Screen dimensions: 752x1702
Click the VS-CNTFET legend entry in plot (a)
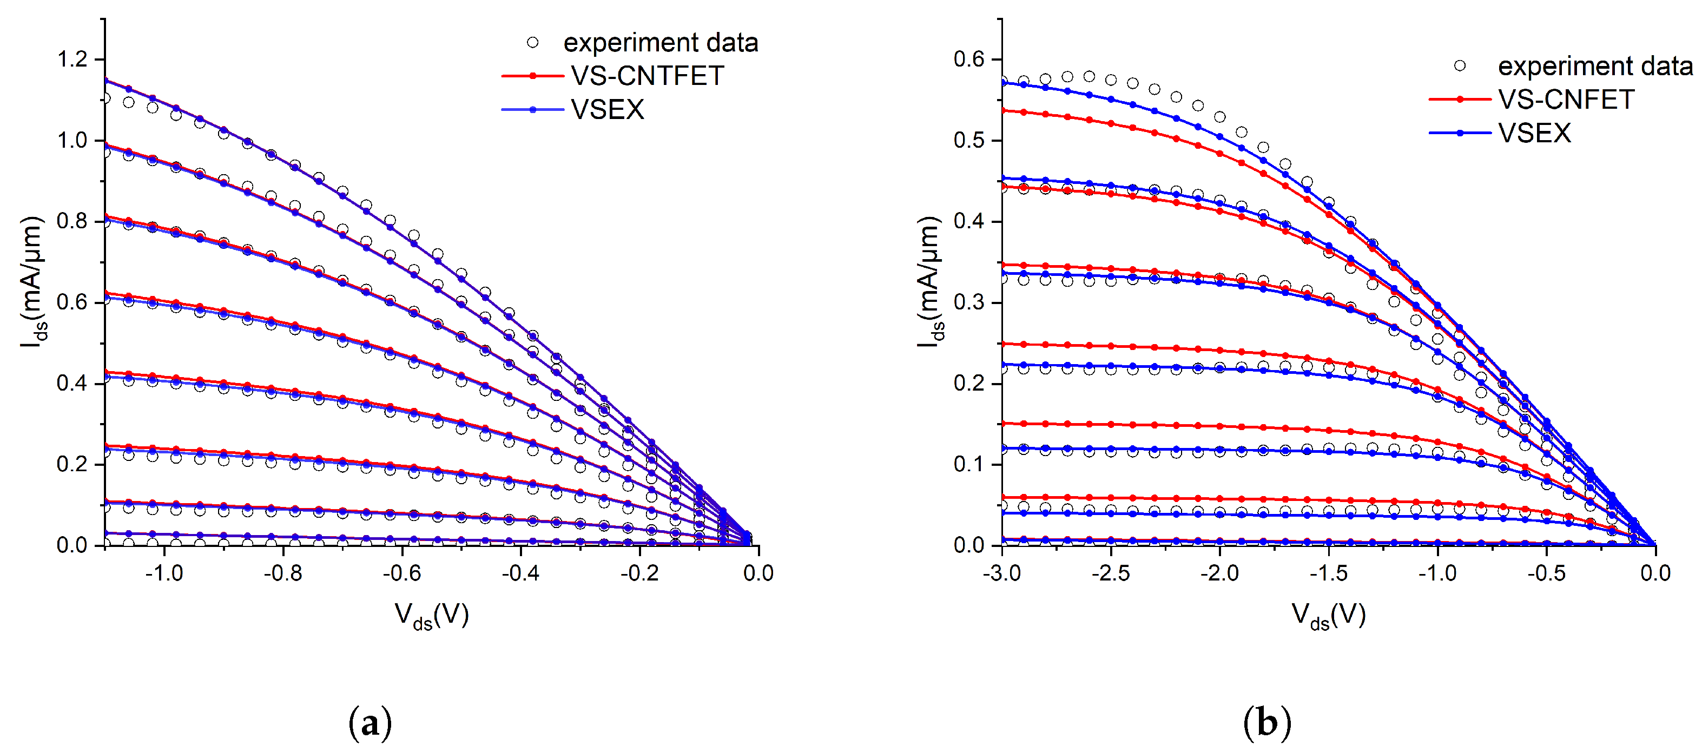[647, 76]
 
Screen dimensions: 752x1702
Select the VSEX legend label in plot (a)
[607, 110]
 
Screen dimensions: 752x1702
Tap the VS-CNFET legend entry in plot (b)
[1565, 100]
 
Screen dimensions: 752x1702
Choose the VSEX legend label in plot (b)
[1534, 134]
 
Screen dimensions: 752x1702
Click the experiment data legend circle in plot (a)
[532, 43]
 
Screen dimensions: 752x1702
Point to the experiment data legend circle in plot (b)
[1460, 66]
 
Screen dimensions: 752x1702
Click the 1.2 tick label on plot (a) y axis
[72, 60]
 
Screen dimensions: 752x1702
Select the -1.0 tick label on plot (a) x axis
[164, 573]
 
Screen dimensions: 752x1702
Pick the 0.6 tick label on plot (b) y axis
[968, 60]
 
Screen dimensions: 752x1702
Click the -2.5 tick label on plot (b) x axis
[1111, 573]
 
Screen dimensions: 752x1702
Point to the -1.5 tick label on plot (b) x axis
[1328, 573]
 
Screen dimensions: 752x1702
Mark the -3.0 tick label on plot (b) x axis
[1001, 573]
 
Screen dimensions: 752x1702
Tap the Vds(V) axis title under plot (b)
[1328, 616]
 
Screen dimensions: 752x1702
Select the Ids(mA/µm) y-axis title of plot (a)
[32, 282]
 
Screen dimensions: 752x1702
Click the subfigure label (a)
[370, 723]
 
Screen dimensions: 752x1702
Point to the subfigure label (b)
[1266, 723]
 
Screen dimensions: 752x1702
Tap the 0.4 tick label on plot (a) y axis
[72, 383]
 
